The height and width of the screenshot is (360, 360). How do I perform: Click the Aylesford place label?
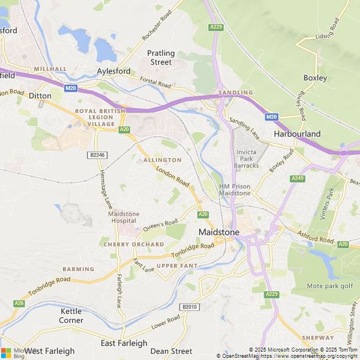pos(114,71)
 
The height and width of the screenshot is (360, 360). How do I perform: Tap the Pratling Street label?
pos(161,57)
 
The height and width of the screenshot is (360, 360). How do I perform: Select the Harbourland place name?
pos(297,134)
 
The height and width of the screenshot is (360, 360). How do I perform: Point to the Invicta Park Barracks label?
pos(247,159)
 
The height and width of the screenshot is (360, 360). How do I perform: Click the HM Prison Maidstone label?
pos(235,190)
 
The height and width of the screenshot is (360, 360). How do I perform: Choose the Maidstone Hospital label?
pos(123,217)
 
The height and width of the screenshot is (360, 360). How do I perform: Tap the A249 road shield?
pos(298,178)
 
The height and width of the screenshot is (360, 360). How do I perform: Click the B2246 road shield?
pos(97,155)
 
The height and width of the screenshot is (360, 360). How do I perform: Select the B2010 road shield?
pos(190,307)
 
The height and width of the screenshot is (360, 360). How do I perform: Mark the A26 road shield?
pos(20,303)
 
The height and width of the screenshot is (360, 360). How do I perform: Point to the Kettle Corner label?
pos(71,316)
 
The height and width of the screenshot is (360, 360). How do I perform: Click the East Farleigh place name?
pos(124,343)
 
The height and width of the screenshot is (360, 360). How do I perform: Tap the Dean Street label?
pos(172,351)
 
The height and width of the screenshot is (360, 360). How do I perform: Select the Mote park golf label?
pos(330,286)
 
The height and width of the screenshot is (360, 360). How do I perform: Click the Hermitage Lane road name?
pos(103,187)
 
